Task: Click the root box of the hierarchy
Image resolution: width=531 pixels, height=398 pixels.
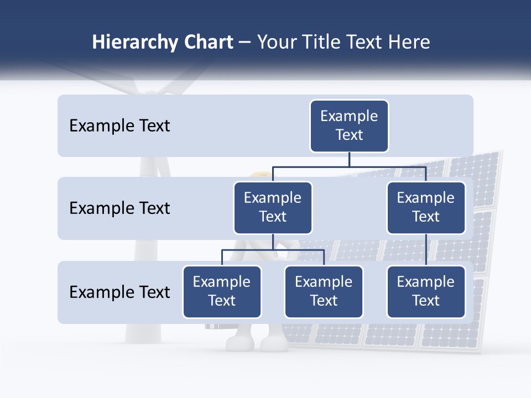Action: (349, 126)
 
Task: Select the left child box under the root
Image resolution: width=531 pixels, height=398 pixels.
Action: (273, 208)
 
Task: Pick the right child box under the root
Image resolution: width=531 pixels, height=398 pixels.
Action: (426, 208)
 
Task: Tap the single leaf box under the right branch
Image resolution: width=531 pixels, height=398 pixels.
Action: (426, 292)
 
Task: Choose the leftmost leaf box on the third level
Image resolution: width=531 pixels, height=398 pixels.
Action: (222, 292)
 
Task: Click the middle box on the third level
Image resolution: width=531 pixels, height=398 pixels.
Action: (324, 292)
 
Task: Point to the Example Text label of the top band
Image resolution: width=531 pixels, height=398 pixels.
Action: (119, 126)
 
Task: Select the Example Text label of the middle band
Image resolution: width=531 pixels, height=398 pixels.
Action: (119, 208)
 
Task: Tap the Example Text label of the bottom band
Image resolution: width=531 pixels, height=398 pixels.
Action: (119, 292)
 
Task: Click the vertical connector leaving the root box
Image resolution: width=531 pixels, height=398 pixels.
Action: (349, 159)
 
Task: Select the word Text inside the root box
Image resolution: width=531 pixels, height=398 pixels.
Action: (349, 135)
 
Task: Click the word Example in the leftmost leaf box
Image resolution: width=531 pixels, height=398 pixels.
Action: (222, 282)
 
